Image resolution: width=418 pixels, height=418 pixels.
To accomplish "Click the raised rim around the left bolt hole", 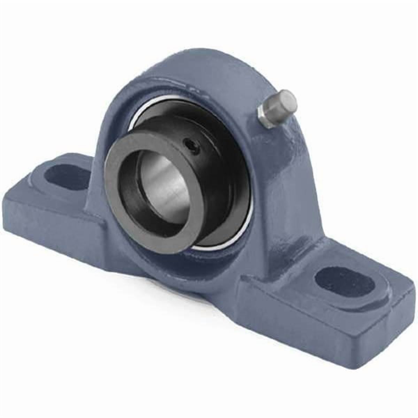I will pyautogui.click(x=45, y=167).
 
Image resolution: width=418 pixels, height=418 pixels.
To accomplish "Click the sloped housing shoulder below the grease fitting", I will pyautogui.click(x=289, y=157).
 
